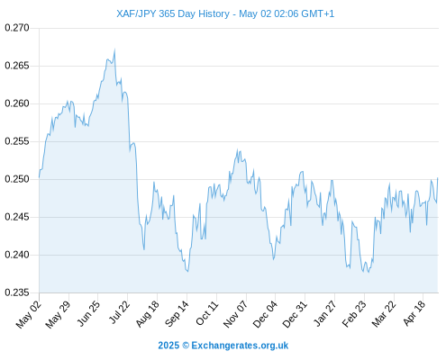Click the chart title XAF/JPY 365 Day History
[173, 13]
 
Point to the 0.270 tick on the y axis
[17, 28]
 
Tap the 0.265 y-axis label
[17, 66]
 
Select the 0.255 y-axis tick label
[17, 141]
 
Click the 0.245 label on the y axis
[17, 217]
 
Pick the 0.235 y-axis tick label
[17, 292]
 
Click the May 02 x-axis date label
[29, 314]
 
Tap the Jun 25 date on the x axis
[88, 313]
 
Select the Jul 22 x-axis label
[119, 312]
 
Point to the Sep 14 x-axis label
[177, 313]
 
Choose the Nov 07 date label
[236, 313]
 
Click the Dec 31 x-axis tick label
[295, 313]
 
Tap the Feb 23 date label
[354, 313]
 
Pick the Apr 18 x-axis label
[414, 313]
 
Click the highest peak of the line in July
[114, 49]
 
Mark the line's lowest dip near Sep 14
[187, 271]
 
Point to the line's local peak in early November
[237, 149]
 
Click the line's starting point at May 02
[39, 177]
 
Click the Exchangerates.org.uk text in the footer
[240, 346]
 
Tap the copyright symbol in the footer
[186, 346]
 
